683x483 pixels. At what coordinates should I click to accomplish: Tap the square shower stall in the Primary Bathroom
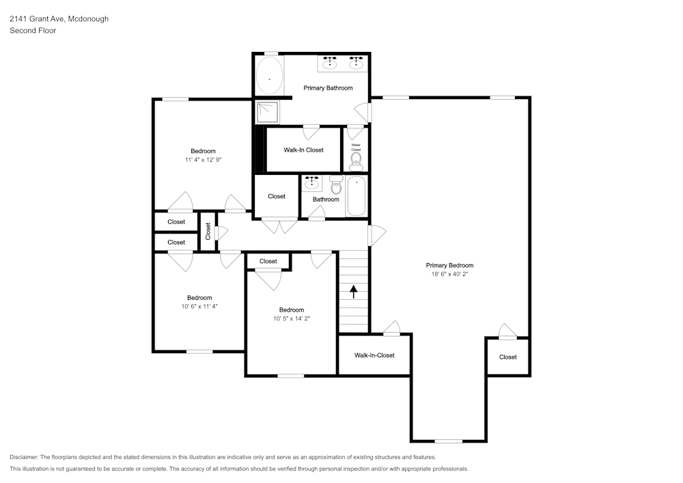267,112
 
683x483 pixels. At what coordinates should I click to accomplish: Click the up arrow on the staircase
353,291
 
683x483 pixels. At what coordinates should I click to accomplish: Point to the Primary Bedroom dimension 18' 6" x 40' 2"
449,274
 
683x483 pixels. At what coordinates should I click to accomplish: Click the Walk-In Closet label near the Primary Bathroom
304,150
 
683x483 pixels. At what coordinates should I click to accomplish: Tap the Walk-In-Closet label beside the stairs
374,355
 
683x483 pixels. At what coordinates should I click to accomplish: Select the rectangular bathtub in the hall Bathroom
357,195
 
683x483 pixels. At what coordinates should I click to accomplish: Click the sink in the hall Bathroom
311,183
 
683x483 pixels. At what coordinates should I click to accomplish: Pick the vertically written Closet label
208,232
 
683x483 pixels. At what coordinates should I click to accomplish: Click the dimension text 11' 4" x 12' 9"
203,159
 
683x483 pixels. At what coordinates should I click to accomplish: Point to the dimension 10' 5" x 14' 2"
292,318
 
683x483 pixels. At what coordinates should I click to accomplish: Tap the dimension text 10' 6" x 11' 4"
199,306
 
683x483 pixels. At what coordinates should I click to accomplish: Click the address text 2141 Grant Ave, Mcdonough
59,18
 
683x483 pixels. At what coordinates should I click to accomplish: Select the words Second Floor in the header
33,31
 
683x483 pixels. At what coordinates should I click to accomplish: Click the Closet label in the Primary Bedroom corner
508,357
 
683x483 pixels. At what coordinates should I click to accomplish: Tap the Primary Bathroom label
328,88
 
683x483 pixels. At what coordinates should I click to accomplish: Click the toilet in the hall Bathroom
336,184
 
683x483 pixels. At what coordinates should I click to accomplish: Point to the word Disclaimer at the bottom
24,457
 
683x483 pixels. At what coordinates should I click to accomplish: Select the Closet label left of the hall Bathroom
277,197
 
